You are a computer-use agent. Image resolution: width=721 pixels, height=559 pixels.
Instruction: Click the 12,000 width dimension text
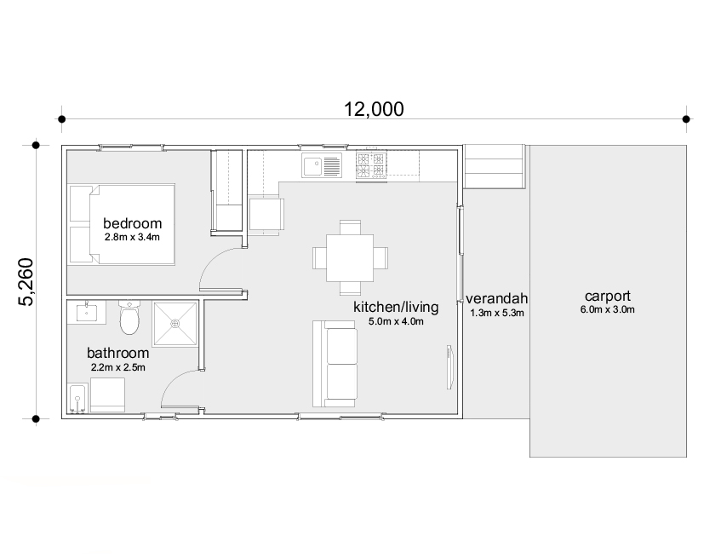pos(374,109)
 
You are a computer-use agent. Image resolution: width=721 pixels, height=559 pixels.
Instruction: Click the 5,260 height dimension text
pos(26,282)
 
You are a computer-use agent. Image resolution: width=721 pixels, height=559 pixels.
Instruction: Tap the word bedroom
pos(133,223)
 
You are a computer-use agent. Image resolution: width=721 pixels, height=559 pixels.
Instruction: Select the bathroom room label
pos(118,353)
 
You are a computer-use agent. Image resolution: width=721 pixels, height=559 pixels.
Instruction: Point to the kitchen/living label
pos(396,307)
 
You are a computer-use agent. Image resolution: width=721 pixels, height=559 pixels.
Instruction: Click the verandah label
pos(496,298)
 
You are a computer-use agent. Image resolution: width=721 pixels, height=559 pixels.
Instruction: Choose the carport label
pos(608,296)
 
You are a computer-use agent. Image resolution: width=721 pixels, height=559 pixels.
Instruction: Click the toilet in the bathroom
pos(129,317)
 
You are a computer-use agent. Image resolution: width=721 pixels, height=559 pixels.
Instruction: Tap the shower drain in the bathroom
pos(175,324)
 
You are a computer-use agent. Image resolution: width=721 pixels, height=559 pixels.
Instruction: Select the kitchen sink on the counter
pos(322,165)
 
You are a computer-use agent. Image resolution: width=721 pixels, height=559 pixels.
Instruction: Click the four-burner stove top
pos(371,166)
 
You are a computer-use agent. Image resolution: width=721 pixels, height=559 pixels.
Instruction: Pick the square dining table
pos(350,258)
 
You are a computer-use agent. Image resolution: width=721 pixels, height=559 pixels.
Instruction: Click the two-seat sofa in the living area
pos(335,364)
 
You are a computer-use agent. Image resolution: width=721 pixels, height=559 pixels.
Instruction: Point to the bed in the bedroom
pos(122,224)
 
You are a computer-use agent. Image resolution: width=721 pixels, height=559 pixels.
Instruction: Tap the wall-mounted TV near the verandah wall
pos(449,367)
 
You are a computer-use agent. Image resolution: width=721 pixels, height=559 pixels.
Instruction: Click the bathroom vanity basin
pos(87,312)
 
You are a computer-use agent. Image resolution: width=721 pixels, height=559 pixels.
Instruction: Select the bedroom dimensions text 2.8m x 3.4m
pos(132,238)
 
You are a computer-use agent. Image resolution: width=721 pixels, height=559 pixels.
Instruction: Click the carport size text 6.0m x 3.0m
pos(608,309)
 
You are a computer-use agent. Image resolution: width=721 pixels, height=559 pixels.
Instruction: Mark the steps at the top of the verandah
pos(495,166)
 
